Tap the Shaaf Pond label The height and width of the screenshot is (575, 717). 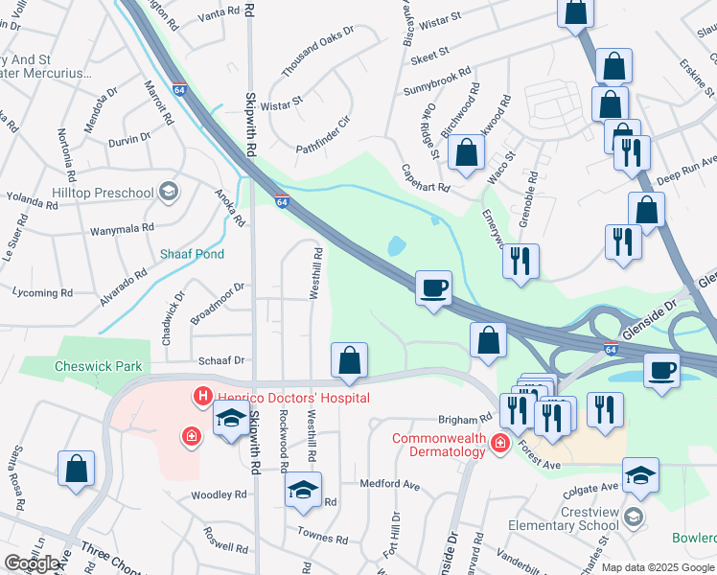192,254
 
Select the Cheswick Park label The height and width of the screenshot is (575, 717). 98,366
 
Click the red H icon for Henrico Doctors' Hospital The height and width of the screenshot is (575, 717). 202,395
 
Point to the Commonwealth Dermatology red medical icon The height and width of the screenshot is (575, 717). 498,442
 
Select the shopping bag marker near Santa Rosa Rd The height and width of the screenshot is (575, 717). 76,471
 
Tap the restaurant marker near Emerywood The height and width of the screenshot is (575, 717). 520,262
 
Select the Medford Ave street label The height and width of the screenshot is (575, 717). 390,485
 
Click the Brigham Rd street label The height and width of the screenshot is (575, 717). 465,420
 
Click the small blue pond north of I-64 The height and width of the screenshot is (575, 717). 396,246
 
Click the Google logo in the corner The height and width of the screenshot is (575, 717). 33,563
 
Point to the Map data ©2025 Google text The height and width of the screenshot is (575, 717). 658,567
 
